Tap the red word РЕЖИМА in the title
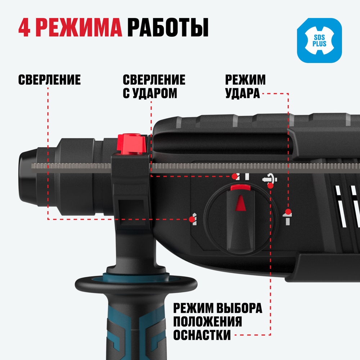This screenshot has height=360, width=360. pyautogui.click(x=81, y=28)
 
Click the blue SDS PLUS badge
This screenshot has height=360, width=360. pyautogui.click(x=319, y=41)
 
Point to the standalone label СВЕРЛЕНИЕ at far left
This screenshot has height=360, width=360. pyautogui.click(x=49, y=80)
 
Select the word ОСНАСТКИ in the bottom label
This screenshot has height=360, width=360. pyautogui.click(x=202, y=335)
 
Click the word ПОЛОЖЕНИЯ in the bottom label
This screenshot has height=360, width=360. pyautogui.click(x=207, y=322)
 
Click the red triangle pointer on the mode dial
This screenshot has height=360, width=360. pyautogui.click(x=240, y=203)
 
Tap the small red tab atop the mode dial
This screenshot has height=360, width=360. pyautogui.click(x=240, y=187)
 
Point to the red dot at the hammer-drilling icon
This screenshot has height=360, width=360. pyautogui.click(x=234, y=176)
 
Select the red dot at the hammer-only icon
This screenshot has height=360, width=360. pyautogui.click(x=288, y=211)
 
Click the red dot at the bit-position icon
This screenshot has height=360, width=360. pyautogui.click(x=270, y=185)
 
